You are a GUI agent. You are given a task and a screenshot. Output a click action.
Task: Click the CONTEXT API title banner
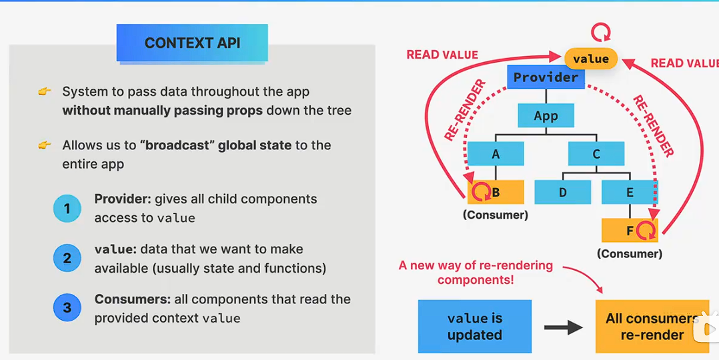(x=192, y=43)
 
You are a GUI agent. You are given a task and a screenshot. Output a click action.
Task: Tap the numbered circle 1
(x=67, y=209)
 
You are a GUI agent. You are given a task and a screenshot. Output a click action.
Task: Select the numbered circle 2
(x=67, y=258)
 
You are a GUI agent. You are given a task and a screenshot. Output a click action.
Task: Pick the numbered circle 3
(x=67, y=308)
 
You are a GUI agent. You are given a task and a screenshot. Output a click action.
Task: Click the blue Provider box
(x=546, y=77)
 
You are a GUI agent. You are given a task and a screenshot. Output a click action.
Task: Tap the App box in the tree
(x=546, y=115)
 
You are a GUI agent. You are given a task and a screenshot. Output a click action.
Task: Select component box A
(x=496, y=154)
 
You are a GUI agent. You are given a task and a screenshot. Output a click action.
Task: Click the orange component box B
(x=496, y=193)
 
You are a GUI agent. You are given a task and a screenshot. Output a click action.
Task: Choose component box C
(x=596, y=154)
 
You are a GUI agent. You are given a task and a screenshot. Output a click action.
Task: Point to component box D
(x=562, y=193)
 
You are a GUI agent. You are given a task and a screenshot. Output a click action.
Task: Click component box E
(x=630, y=193)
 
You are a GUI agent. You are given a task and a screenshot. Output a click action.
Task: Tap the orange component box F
(x=630, y=231)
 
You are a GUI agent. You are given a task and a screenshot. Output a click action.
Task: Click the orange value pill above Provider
(x=591, y=59)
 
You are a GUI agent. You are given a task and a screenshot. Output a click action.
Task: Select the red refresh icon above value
(x=602, y=32)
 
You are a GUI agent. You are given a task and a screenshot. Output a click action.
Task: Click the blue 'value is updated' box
(x=475, y=326)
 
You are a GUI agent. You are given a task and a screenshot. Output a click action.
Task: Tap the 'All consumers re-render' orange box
(x=652, y=326)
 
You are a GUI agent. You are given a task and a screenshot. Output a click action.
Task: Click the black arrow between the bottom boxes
(x=564, y=327)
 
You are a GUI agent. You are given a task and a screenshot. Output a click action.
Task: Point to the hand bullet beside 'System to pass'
(x=44, y=91)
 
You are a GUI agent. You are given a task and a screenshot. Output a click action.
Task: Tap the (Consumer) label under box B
(x=495, y=215)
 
